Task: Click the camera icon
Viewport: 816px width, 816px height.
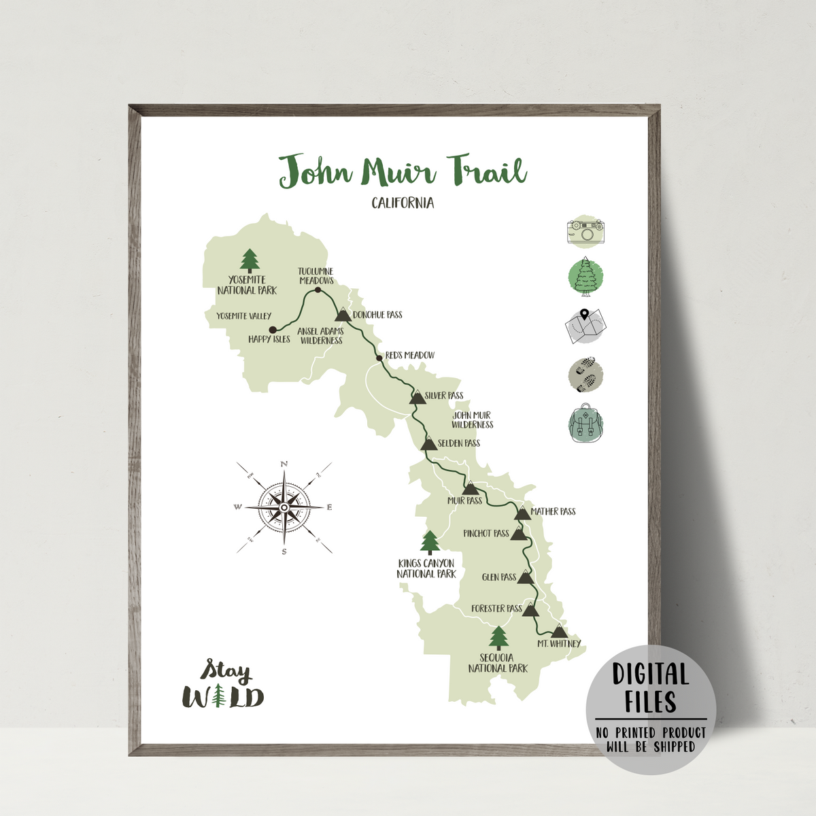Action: pos(585,231)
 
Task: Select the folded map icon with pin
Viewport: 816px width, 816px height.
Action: pos(585,326)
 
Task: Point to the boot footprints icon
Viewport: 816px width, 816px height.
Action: pos(585,375)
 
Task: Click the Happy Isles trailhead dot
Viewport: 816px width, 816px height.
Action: pos(273,330)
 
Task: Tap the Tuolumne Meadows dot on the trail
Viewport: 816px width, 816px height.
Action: pos(318,290)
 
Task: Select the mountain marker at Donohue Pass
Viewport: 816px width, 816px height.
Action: pos(343,314)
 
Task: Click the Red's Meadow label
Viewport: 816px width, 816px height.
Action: pos(410,355)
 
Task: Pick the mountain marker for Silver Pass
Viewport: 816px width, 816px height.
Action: pos(418,397)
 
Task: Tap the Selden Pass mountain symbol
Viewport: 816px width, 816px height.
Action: pos(428,444)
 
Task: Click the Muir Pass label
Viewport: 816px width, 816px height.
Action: pos(464,501)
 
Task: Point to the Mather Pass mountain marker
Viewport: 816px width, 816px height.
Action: pos(522,513)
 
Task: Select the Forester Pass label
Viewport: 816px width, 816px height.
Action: pos(496,609)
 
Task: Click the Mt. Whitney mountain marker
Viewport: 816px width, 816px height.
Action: pos(559,631)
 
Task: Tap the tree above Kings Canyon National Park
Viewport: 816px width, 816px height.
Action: pos(429,543)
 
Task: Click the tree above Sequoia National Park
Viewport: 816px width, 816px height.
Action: pos(499,638)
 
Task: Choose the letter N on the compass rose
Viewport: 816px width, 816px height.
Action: pos(284,464)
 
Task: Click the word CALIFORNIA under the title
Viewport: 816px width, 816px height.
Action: pos(403,203)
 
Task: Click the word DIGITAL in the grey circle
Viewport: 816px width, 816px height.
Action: pos(651,674)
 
